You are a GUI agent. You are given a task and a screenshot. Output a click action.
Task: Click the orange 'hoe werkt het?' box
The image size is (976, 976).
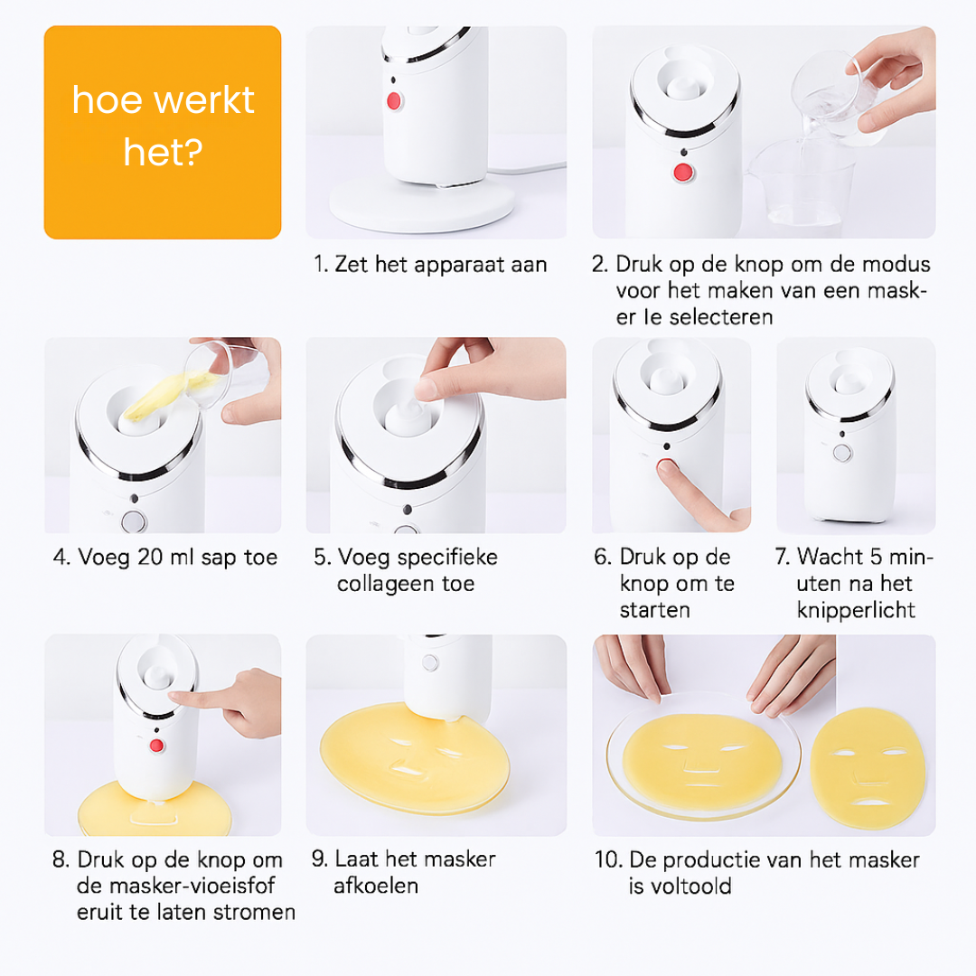click(x=163, y=132)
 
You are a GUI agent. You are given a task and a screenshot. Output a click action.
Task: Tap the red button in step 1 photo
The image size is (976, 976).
click(x=394, y=100)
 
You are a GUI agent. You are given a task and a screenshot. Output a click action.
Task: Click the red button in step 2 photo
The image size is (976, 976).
click(x=683, y=173)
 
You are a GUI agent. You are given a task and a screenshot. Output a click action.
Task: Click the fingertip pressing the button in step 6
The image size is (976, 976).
click(x=668, y=468)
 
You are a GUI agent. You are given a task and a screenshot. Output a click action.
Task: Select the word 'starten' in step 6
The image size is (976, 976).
click(x=655, y=610)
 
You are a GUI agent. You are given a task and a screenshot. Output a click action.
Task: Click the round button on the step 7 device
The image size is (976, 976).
click(x=842, y=454)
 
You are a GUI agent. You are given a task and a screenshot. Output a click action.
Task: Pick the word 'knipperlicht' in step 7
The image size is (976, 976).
click(x=856, y=610)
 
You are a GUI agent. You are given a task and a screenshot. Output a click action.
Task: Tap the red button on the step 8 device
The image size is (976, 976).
click(x=156, y=746)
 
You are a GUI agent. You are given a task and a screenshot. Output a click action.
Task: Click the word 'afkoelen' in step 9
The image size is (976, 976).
click(x=376, y=885)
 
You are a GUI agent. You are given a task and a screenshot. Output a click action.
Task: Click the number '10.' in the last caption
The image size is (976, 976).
click(x=608, y=859)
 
